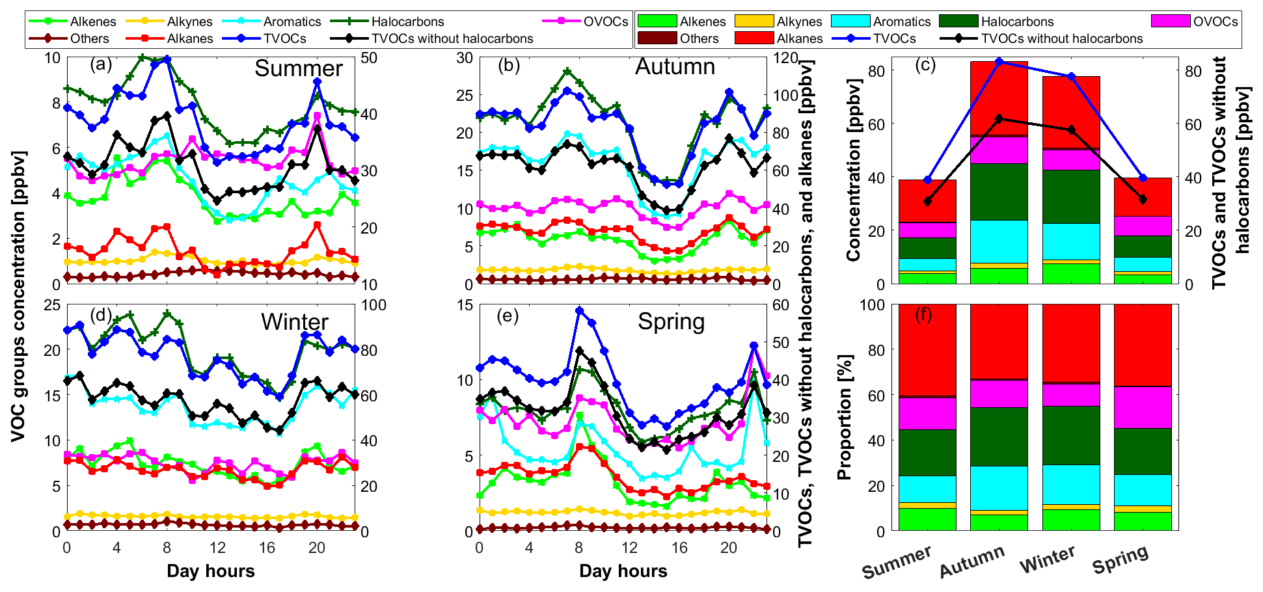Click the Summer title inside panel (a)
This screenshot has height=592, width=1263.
click(298, 68)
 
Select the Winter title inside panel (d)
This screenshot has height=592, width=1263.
click(294, 322)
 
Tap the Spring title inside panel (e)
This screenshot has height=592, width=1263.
click(671, 321)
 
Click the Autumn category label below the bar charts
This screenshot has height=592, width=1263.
click(972, 561)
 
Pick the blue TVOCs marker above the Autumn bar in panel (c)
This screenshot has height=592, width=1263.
click(999, 62)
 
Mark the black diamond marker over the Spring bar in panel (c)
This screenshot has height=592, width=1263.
click(1143, 200)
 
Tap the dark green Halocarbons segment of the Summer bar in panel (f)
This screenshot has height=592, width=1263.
click(927, 452)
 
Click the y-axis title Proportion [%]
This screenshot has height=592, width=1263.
click(845, 417)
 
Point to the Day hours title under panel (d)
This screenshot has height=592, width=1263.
click(211, 571)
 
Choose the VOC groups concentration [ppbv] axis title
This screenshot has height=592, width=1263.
click(18, 296)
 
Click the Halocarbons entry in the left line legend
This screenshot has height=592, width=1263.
click(407, 21)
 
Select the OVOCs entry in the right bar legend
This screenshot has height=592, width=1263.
click(1215, 21)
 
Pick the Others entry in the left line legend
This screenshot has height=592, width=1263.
click(89, 38)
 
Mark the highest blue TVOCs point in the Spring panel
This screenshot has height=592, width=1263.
click(579, 311)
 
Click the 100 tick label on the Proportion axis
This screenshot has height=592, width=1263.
click(873, 304)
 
